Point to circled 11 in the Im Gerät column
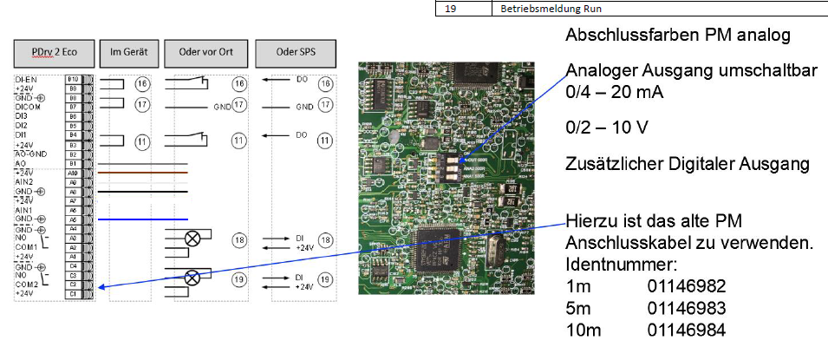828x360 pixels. [x=142, y=141]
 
